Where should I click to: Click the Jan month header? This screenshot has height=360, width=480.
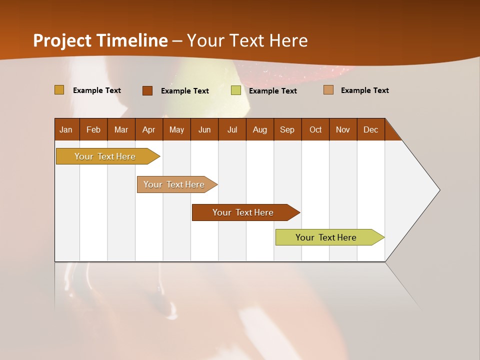click(x=66, y=130)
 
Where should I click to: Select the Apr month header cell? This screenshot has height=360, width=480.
click(x=149, y=130)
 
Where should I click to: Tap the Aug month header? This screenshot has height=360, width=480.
click(x=260, y=130)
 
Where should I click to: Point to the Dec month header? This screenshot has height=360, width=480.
click(x=371, y=130)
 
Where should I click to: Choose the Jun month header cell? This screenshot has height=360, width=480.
click(x=204, y=130)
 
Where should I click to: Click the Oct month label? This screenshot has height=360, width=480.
click(x=315, y=130)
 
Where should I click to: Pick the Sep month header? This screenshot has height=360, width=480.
click(x=287, y=130)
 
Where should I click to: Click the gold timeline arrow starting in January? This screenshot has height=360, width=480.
click(x=105, y=156)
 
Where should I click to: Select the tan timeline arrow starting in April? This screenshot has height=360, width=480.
click(x=174, y=184)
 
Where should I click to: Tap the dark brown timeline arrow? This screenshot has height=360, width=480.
click(x=243, y=212)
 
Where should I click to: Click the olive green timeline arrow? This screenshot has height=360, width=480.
click(x=327, y=237)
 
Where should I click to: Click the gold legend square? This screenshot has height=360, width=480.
click(x=59, y=90)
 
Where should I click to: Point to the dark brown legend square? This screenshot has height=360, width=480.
click(x=147, y=90)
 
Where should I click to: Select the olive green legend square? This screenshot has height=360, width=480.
click(x=236, y=90)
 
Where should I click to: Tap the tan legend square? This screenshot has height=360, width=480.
click(x=328, y=90)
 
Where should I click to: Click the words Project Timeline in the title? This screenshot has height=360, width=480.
click(x=100, y=40)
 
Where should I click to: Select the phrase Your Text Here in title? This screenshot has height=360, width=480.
click(x=247, y=40)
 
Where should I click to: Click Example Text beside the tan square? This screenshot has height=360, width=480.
click(x=364, y=90)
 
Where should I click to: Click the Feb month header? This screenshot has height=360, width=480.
click(x=93, y=130)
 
